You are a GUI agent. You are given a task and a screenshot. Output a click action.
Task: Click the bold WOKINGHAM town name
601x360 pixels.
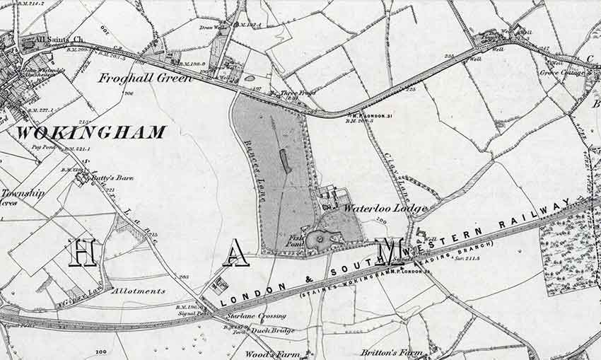[x=91, y=132]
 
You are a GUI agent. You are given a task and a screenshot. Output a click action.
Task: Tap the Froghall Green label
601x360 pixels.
[x=145, y=79]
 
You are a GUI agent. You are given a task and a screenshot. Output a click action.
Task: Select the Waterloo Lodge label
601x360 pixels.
[x=385, y=209]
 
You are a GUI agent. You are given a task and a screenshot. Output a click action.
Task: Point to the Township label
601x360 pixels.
[x=22, y=192]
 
